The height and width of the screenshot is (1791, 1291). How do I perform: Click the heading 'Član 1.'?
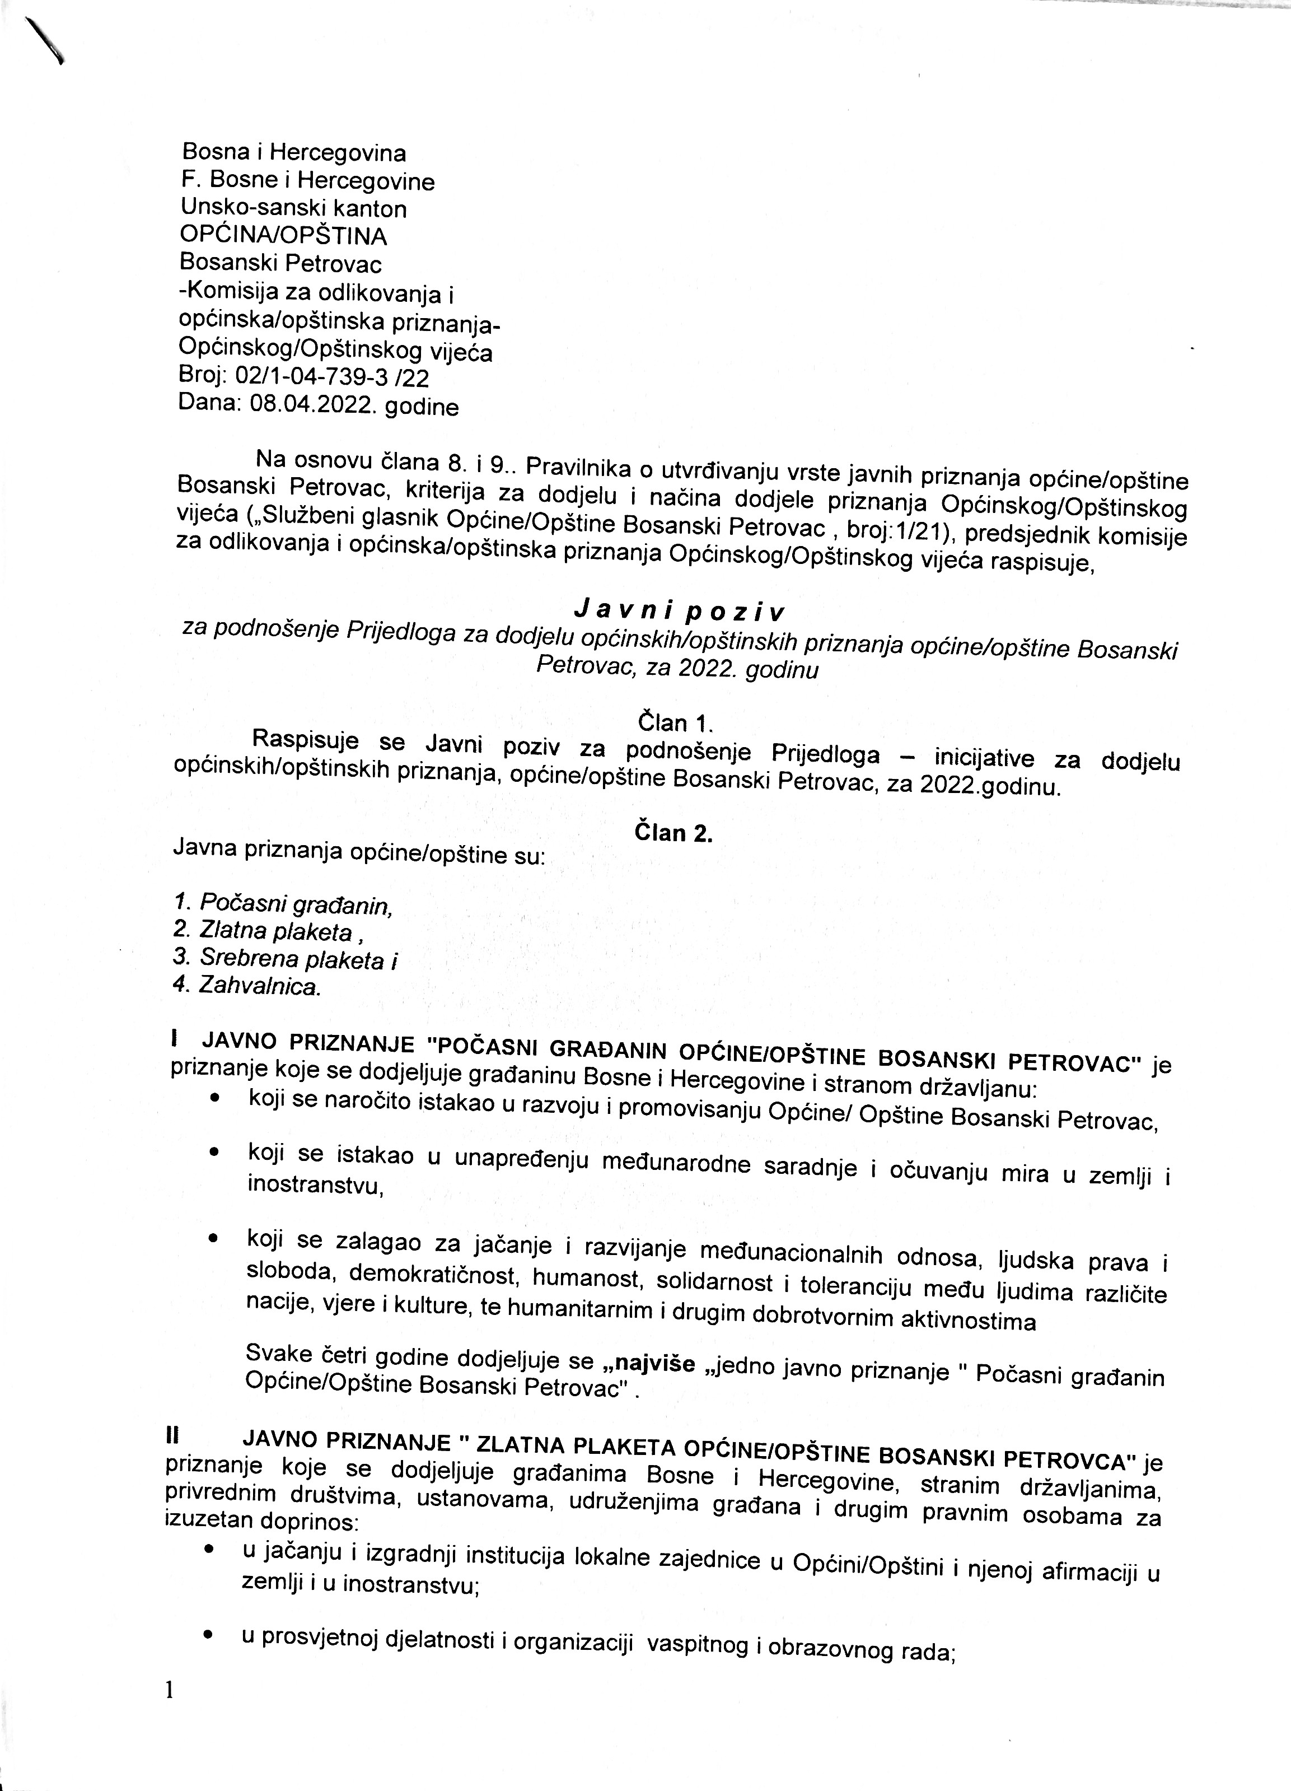pyautogui.click(x=675, y=722)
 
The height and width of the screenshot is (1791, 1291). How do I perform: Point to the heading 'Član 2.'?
pyautogui.click(x=673, y=834)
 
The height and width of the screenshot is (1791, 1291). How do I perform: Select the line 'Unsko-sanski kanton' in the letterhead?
pyautogui.click(x=294, y=208)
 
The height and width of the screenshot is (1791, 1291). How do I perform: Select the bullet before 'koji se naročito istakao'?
pyautogui.click(x=213, y=1099)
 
